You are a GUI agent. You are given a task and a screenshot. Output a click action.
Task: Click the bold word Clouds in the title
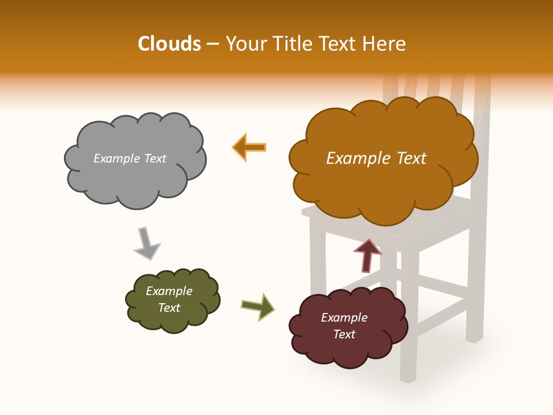[169, 44]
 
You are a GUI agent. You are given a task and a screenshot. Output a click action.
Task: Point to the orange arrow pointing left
[249, 147]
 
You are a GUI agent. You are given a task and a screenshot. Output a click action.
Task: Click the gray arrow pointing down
[146, 243]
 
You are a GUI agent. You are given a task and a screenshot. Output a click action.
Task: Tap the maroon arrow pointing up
[368, 255]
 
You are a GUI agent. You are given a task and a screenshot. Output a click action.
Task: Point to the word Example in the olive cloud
[169, 291]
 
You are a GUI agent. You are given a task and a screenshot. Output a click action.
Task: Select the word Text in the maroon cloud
[344, 334]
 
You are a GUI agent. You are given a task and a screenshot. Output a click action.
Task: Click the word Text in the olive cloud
[169, 308]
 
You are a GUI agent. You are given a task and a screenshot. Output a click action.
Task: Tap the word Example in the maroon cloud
[344, 318]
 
